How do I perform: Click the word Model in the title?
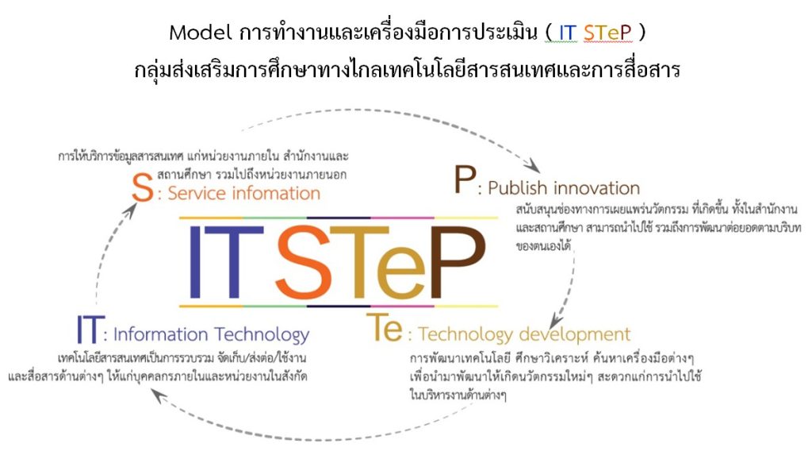(200, 33)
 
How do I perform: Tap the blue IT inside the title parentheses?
(567, 33)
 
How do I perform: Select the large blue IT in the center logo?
(226, 263)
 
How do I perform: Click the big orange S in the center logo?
(304, 263)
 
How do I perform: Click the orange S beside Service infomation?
(143, 187)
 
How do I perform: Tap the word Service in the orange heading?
(197, 194)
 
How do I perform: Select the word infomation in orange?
(276, 194)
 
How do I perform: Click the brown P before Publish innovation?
(465, 179)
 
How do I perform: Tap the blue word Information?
(160, 334)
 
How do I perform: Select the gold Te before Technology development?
(385, 328)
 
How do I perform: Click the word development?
(574, 334)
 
